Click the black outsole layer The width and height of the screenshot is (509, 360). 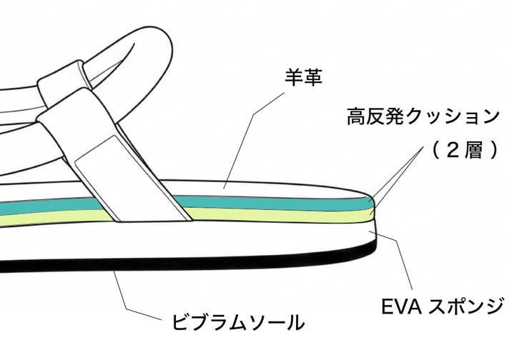click(214, 261)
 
